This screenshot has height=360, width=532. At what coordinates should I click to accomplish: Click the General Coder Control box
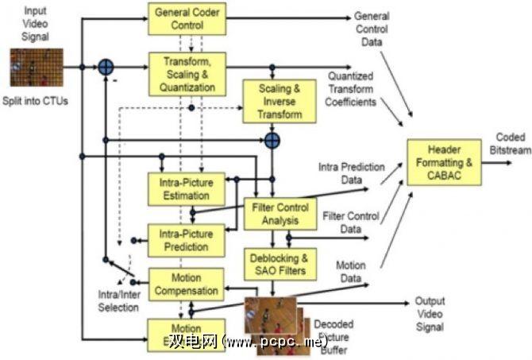187,19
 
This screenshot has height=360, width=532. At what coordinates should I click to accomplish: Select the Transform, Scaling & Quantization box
187,73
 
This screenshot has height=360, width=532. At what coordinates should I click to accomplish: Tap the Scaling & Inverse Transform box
279,101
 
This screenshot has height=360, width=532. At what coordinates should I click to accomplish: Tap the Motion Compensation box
186,285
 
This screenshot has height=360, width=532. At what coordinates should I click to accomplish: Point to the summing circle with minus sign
105,68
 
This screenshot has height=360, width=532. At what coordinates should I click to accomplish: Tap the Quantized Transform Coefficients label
352,90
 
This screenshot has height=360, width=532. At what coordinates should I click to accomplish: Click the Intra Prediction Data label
352,173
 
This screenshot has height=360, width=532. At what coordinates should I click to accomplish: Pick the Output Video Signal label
430,315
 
